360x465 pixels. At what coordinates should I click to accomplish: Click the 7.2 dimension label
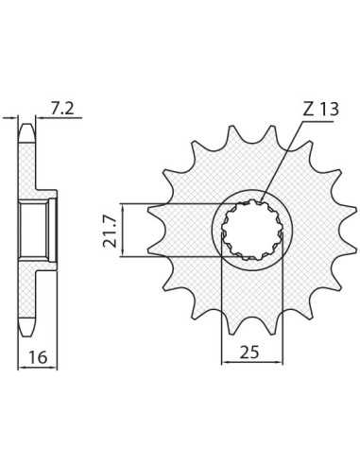(62, 109)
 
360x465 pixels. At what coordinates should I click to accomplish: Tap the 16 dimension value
(38, 358)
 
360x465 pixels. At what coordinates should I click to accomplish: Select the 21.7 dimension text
(109, 231)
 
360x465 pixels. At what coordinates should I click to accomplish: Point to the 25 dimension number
(249, 353)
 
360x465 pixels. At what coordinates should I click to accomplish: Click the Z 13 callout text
(320, 110)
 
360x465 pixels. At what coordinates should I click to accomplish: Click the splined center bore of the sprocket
(252, 231)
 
